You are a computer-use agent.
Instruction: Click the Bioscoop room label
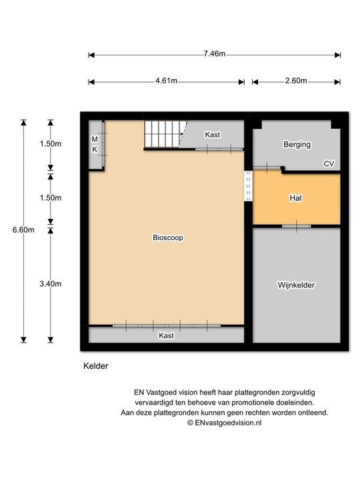pos(167,237)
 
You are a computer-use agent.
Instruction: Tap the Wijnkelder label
pos(296,285)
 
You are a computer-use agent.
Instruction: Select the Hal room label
pos(296,198)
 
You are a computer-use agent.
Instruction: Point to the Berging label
pos(297,144)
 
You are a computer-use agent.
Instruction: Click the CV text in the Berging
pos(328,163)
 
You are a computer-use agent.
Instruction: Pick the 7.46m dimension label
pos(214,54)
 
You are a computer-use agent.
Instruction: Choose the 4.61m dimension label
pos(166,81)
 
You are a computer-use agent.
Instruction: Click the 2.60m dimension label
pos(296,81)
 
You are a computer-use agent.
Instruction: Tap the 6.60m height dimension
pos(23,230)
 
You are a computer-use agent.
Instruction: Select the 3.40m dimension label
pos(51,284)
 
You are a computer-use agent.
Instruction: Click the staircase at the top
pos(163,135)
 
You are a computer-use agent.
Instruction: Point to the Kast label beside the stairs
pos(213,135)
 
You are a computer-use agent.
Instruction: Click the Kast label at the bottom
pos(166,335)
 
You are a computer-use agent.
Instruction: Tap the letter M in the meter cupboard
pos(95,139)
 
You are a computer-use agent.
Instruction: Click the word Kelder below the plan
pos(95,366)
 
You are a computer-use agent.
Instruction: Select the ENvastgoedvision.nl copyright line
pos(224,422)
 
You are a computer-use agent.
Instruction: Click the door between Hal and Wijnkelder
pos(296,226)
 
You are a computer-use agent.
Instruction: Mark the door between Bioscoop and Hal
pos(248,186)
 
